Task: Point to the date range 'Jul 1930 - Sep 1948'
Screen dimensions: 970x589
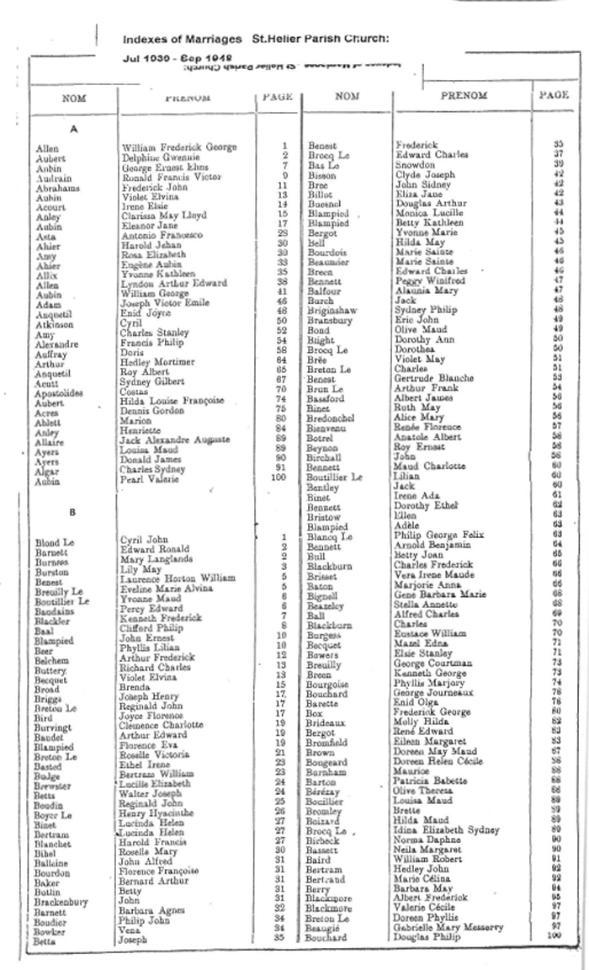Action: (167, 61)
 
